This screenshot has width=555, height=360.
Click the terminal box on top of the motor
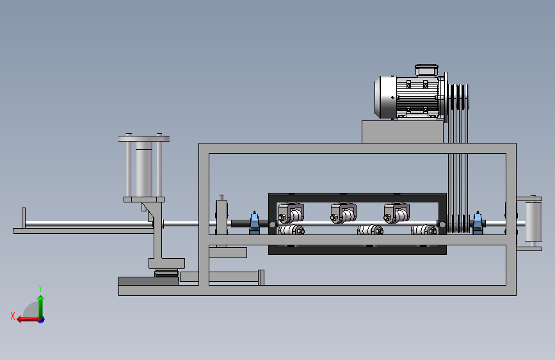point(426,70)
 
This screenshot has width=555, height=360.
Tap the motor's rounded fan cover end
point(385,97)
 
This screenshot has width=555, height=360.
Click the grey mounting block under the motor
point(403,132)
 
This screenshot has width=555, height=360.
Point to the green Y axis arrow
point(41,307)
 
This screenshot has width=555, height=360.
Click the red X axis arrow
point(29,320)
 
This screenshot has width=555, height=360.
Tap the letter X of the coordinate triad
point(13,316)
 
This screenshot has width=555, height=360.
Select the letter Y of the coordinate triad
point(40,288)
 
